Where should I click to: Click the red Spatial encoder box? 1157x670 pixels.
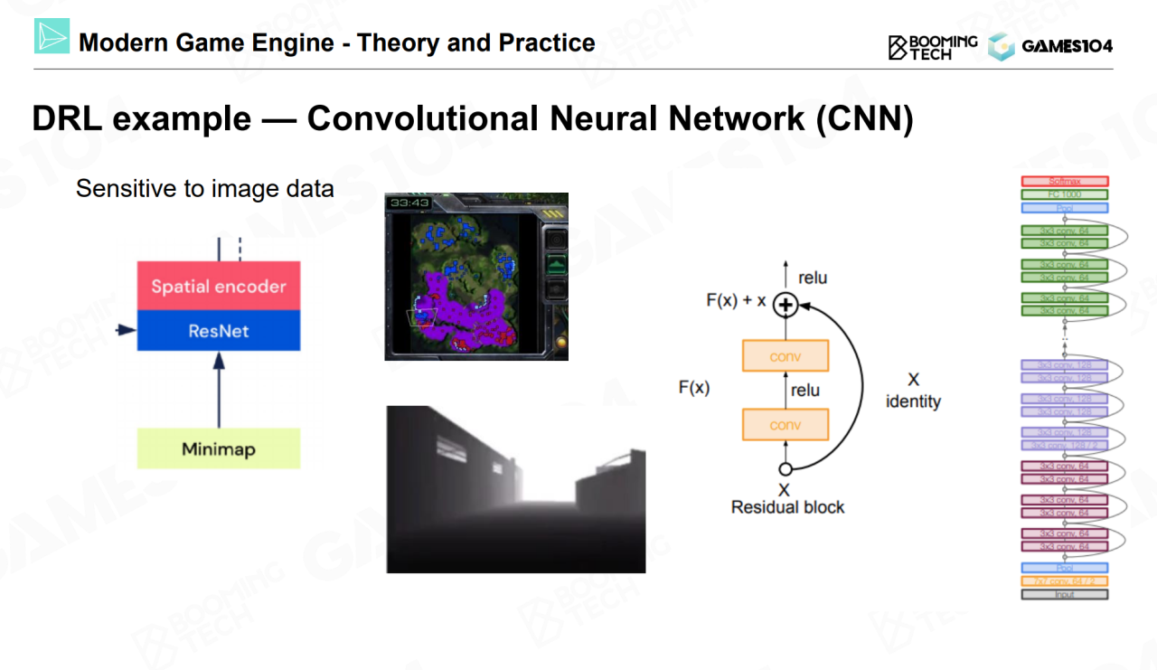pos(218,287)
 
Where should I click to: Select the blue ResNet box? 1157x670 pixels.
pos(218,331)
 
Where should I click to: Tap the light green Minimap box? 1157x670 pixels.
pos(218,448)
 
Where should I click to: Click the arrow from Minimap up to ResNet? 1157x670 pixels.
pos(218,390)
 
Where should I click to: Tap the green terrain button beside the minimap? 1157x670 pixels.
pos(556,264)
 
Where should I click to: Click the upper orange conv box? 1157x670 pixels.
pos(785,356)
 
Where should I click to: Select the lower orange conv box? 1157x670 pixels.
pos(785,424)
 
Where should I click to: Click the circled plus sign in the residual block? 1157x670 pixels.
pos(785,306)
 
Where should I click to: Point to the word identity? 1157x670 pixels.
pos(913,401)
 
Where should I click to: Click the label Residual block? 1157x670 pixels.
pos(787,507)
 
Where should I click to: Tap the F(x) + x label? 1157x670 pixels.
pos(736,300)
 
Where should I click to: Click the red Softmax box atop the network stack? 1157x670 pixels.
pos(1065,182)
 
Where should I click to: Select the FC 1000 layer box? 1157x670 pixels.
pos(1065,194)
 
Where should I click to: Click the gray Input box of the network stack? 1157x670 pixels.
pos(1065,594)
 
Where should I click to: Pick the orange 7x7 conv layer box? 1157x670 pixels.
pos(1065,581)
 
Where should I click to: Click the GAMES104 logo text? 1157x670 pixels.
pos(1067,46)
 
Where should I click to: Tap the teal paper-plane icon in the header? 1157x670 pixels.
pos(52,37)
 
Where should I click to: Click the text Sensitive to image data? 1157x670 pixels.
pos(205,189)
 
